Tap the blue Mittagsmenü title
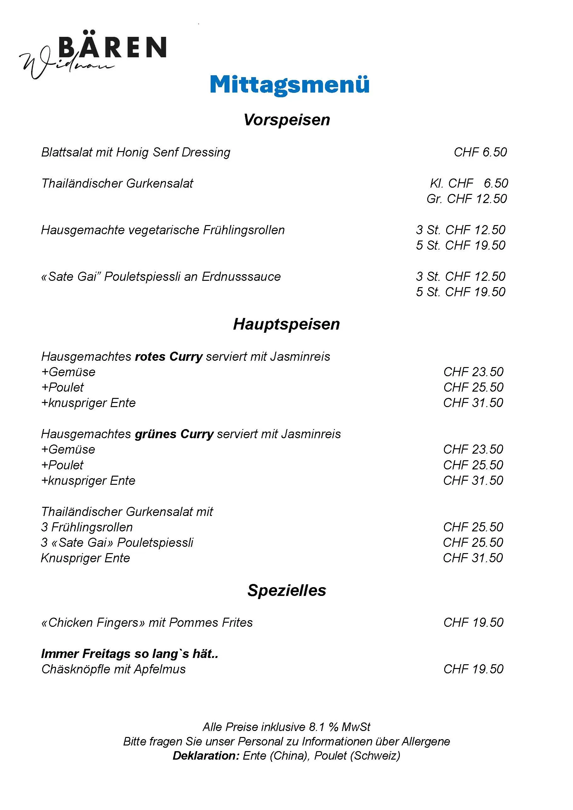289,85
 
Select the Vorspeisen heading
286,120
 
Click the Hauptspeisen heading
286,324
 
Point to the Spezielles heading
286,590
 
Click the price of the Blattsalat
480,152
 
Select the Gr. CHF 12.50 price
467,199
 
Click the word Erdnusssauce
241,277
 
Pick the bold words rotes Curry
169,357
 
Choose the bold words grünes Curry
174,434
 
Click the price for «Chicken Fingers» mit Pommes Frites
473,623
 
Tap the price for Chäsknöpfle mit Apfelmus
473,669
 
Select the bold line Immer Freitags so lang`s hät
129,654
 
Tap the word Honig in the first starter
133,152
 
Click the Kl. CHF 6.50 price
469,184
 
